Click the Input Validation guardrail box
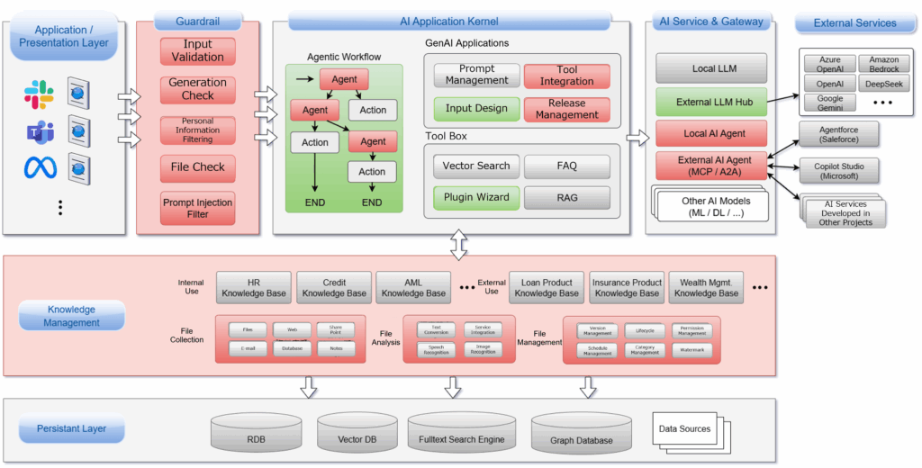point(197,50)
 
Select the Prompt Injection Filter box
point(197,208)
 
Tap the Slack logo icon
point(39,94)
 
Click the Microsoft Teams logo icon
point(39,132)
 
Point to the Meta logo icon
point(39,167)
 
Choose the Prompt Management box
point(476,75)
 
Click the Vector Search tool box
point(476,166)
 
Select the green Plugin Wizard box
point(476,197)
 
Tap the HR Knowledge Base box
point(253,287)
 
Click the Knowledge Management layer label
point(72,316)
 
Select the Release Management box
point(566,109)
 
